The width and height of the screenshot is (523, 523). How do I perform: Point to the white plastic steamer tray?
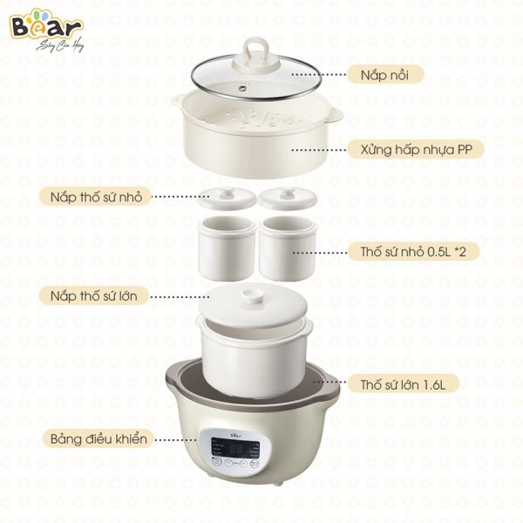pos(253,144)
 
